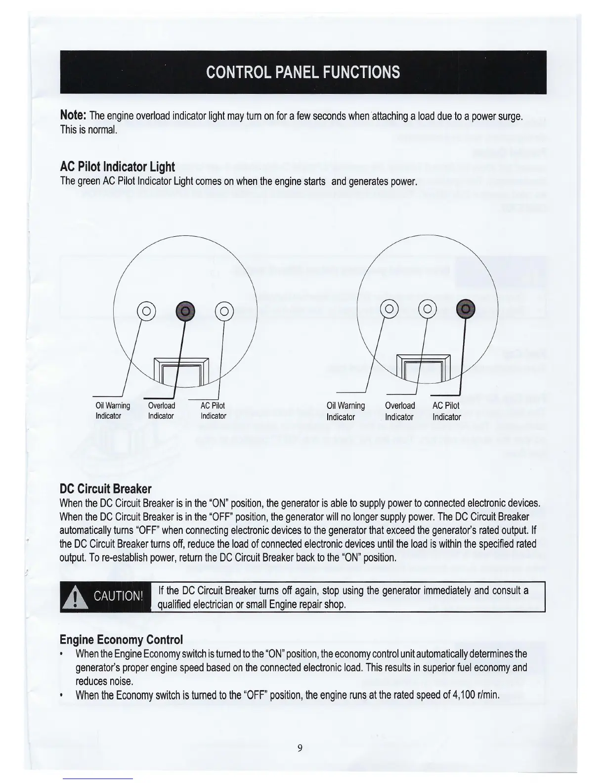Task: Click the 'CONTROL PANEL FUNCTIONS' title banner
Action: pos(302,72)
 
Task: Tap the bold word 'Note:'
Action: pos(73,116)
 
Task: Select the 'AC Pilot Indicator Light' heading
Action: pos(117,167)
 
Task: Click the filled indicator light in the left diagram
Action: pos(186,311)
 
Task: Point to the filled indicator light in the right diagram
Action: pos(466,309)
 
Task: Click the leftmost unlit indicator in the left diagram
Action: pos(147,311)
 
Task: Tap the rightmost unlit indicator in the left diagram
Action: pos(224,311)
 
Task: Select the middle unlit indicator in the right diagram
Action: pos(428,310)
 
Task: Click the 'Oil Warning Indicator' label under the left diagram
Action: pos(112,411)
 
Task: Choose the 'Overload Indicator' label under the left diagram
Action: pos(161,411)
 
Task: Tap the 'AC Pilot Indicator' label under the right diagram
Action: pos(446,411)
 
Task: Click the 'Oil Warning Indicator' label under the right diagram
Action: pos(346,411)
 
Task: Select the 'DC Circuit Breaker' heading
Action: pos(105,489)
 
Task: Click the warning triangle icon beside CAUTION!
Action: pos(75,599)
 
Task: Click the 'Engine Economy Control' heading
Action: pos(121,640)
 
